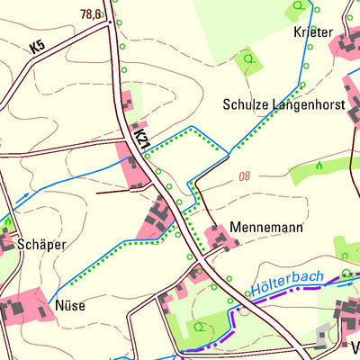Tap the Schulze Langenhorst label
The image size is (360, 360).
click(283, 104)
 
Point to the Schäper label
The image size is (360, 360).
click(43, 244)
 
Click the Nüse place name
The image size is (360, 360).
click(70, 305)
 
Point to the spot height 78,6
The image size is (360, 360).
click(91, 14)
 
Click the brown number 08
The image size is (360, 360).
click(245, 176)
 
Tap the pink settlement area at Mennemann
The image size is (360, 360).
click(218, 238)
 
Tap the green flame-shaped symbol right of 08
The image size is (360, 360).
click(318, 166)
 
